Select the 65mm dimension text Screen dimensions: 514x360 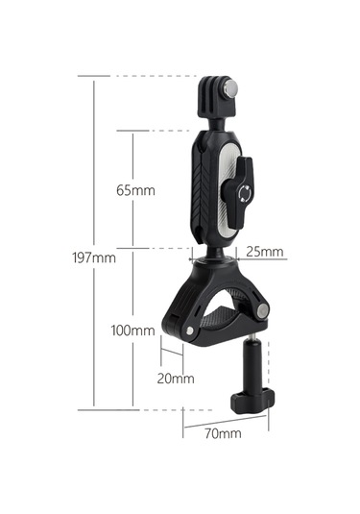point(135,189)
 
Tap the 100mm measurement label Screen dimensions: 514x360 point(132,330)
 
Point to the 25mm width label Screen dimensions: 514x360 point(264,253)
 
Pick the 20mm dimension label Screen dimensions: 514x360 point(176,378)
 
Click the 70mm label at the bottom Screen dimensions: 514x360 point(223,434)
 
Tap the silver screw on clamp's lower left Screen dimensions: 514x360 point(192,331)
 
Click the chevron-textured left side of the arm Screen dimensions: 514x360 point(203,183)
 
